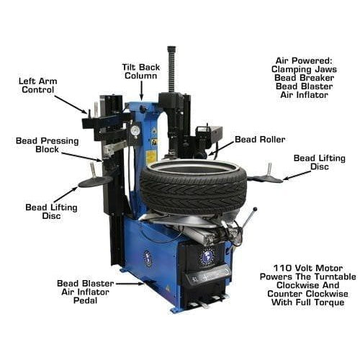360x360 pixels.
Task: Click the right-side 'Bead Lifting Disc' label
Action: [x=312, y=162]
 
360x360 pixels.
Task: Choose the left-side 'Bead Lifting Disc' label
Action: [x=45, y=211]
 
